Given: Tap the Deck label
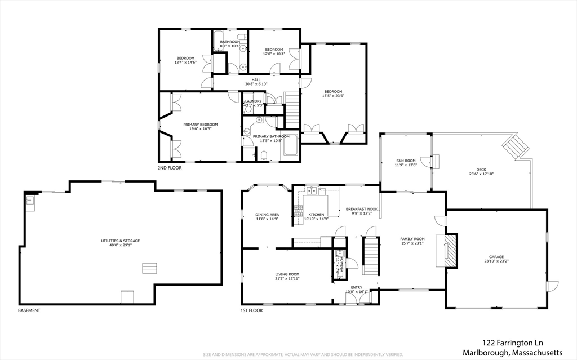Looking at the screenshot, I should pyautogui.click(x=481, y=170).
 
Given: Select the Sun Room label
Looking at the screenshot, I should pyautogui.click(x=406, y=161).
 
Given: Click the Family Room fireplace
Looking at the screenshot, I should pyautogui.click(x=450, y=251).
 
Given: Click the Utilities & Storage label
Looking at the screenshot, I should pyautogui.click(x=121, y=241).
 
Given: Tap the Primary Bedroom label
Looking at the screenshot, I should pyautogui.click(x=200, y=125).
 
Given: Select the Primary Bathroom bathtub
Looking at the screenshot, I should pyautogui.click(x=291, y=146).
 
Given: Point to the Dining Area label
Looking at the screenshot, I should pyautogui.click(x=267, y=215).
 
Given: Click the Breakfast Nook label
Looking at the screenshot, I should pyautogui.click(x=361, y=209).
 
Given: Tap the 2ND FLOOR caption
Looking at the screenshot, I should pyautogui.click(x=170, y=168).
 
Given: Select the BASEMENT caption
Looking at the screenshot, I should pyautogui.click(x=29, y=310).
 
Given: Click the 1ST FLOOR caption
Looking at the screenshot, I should pyautogui.click(x=251, y=310).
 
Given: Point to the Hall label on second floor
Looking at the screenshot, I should pyautogui.click(x=256, y=80).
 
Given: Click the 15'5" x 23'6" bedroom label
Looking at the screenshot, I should pyautogui.click(x=332, y=94).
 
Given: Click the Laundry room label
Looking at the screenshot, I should pyautogui.click(x=253, y=101).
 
